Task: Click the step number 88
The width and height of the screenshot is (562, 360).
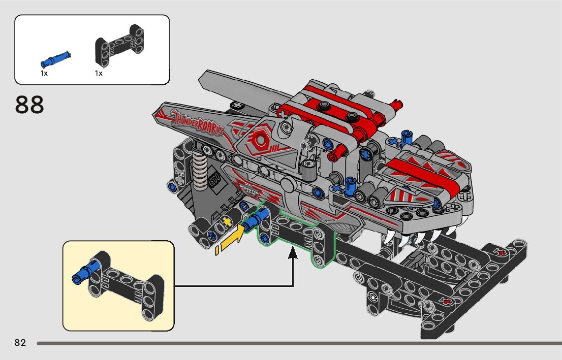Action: click(x=29, y=105)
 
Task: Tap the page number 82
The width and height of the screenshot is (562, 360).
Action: click(x=20, y=343)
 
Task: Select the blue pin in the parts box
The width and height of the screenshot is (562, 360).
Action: click(x=55, y=58)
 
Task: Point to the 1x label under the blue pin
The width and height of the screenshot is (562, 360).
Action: click(x=44, y=74)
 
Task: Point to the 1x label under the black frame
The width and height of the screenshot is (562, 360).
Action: click(x=99, y=74)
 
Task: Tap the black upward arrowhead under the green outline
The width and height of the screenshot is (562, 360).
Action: click(x=293, y=253)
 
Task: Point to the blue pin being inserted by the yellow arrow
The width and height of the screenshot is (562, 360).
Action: click(x=253, y=220)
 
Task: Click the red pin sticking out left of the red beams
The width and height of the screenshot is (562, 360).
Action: click(x=335, y=153)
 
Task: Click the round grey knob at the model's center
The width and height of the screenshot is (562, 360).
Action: click(x=288, y=183)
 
